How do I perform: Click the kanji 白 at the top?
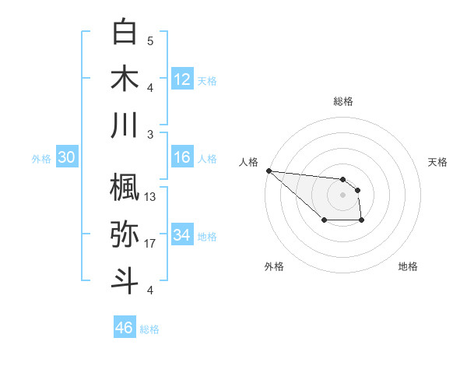click(125, 31)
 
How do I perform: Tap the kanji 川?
click(125, 125)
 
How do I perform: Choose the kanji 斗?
click(125, 281)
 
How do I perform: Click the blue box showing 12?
click(182, 79)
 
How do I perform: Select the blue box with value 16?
click(182, 158)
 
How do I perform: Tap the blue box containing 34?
click(182, 236)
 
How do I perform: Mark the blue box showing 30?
click(66, 158)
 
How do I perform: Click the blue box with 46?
click(125, 328)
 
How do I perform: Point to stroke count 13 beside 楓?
click(151, 197)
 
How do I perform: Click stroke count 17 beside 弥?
click(151, 244)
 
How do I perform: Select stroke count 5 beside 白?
click(150, 40)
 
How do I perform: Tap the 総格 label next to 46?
click(149, 329)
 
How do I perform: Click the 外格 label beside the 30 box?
click(41, 159)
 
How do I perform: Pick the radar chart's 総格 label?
click(342, 101)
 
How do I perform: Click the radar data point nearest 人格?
click(269, 171)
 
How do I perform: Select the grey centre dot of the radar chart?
click(342, 194)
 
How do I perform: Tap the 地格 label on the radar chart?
click(408, 266)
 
